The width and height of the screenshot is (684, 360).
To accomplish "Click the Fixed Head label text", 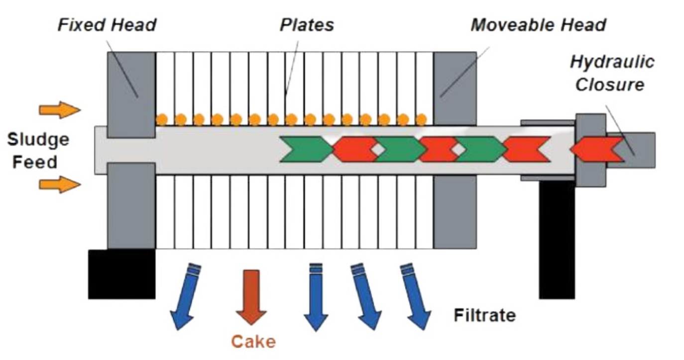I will coord(107,25).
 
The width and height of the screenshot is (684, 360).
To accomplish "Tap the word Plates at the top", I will coord(306,25).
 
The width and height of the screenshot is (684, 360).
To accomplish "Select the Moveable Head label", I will coord(538,25).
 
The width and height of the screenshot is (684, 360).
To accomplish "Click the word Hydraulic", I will coord(612,62).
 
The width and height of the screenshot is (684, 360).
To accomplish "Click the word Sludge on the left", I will coord(38,140).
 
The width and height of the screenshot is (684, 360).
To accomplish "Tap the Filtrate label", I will coord(484,315).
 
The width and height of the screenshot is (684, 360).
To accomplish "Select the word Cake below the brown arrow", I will coord(253,342).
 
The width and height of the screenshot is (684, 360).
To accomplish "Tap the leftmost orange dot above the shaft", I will coord(162,120).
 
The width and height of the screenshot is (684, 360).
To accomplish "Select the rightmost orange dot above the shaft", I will coord(421,120).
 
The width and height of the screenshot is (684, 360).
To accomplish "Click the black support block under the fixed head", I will coord(121,274).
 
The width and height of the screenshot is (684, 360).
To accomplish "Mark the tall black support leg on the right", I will coord(557,239).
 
